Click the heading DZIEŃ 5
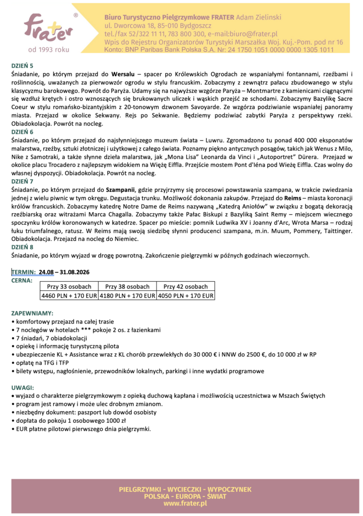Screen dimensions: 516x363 tap(22, 66)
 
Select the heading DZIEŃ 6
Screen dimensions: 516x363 tap(22, 131)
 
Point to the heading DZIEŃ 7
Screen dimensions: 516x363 tap(22, 180)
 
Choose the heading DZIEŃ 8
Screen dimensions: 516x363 tap(22, 247)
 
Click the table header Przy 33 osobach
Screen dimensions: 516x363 tap(69, 287)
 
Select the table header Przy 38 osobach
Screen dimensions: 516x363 tap(127, 287)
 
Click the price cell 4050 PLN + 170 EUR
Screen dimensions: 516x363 tap(186, 296)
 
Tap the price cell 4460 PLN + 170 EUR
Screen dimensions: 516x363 tap(69, 296)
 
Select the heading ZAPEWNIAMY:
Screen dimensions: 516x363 tap(30, 313)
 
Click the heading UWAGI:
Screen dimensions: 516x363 tap(23, 388)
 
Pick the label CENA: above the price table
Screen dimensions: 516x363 tap(22, 280)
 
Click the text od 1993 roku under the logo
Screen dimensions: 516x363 tap(48, 50)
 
